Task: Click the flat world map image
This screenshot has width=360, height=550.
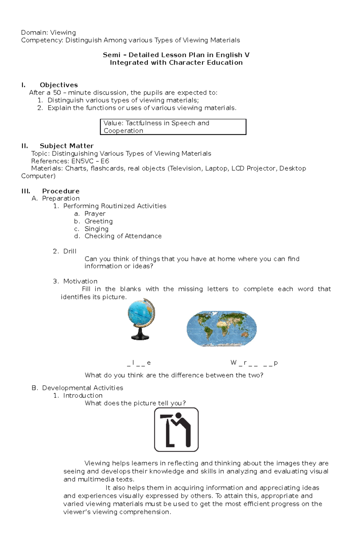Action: click(221, 329)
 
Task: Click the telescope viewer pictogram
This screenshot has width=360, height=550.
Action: click(176, 430)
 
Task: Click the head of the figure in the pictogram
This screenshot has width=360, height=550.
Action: click(179, 416)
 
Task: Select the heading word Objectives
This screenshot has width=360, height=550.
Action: click(59, 85)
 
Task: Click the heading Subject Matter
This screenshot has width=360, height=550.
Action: click(67, 146)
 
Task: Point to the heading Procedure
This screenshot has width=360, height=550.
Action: click(61, 191)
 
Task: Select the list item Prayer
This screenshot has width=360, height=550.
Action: click(95, 214)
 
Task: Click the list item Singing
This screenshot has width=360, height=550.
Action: click(96, 229)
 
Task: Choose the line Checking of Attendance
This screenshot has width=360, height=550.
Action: click(123, 236)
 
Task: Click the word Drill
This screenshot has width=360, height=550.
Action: click(70, 251)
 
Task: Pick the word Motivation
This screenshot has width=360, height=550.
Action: click(80, 281)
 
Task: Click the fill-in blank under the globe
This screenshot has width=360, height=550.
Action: click(139, 363)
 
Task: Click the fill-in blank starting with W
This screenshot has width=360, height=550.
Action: click(254, 363)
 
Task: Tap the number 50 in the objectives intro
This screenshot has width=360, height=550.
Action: click(57, 93)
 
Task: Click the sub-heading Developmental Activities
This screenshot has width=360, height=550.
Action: click(82, 388)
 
